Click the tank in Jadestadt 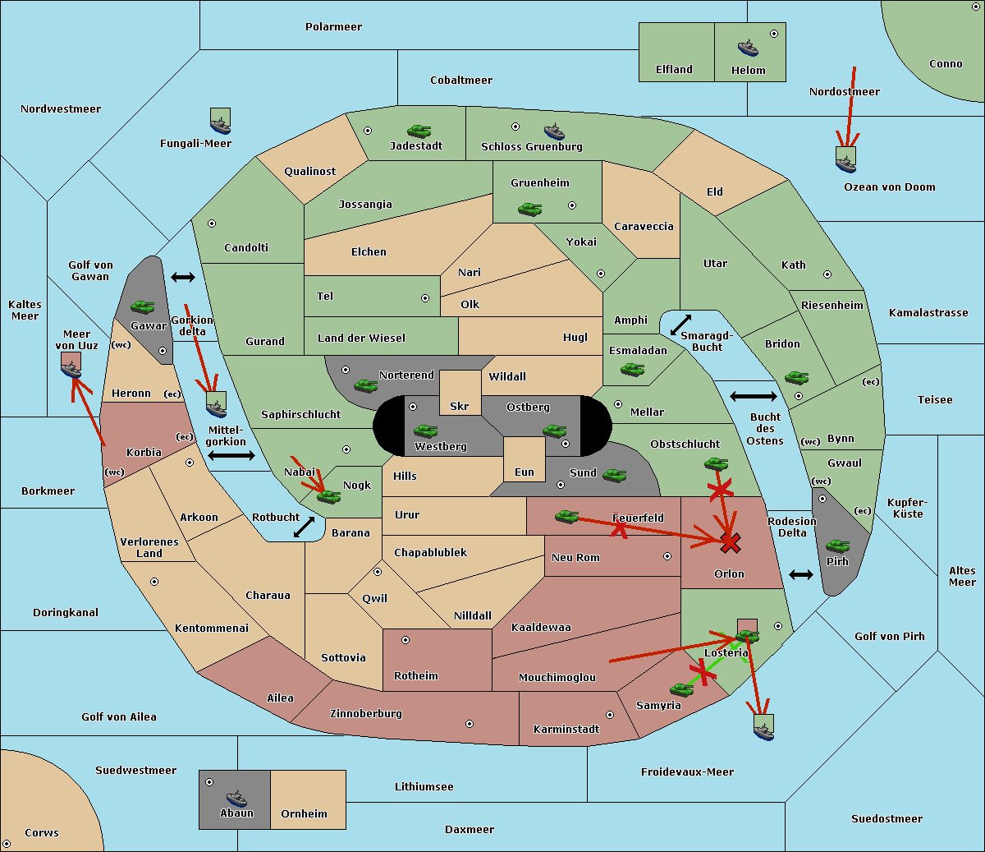click(419, 131)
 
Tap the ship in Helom click(748, 48)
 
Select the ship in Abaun click(237, 798)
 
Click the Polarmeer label click(333, 27)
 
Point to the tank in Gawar click(143, 306)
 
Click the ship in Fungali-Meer click(220, 126)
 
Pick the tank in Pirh click(837, 546)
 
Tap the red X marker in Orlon click(730, 543)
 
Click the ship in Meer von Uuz click(71, 369)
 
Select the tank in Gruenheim click(530, 209)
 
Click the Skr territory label click(459, 406)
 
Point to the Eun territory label click(525, 472)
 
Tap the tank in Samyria click(682, 690)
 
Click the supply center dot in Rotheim click(405, 640)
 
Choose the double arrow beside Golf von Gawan click(183, 277)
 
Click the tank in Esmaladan click(632, 370)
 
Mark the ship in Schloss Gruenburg click(554, 131)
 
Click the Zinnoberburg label click(366, 714)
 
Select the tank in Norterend click(365, 385)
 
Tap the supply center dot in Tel click(425, 298)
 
